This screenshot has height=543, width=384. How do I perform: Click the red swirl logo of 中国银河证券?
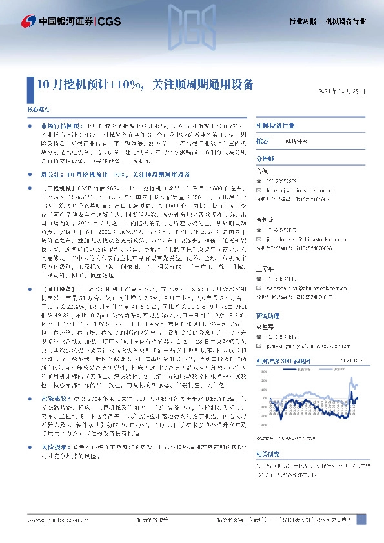29,22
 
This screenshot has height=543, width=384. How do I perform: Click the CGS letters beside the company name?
108,22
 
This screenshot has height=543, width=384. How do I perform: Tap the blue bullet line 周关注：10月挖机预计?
116,174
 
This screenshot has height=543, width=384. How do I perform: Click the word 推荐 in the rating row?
263,141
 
